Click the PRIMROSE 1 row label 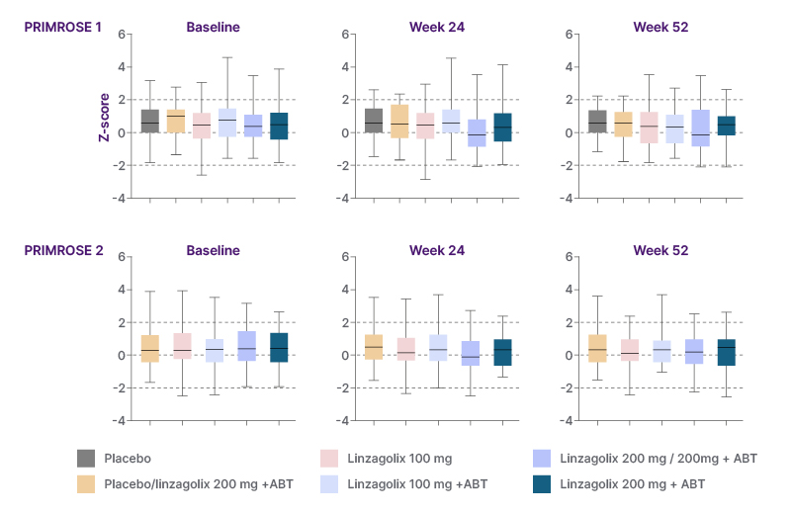63,27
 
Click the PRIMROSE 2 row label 63,250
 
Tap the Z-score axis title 103,117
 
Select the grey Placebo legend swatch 86,459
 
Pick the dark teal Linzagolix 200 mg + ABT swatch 542,484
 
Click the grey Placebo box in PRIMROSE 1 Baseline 150,121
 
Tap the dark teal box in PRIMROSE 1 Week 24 502,128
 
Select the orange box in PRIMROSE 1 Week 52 623,124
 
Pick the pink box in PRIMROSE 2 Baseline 182,345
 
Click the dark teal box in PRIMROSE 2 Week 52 726,353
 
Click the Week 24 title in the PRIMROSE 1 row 437,27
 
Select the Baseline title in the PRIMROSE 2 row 214,250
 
